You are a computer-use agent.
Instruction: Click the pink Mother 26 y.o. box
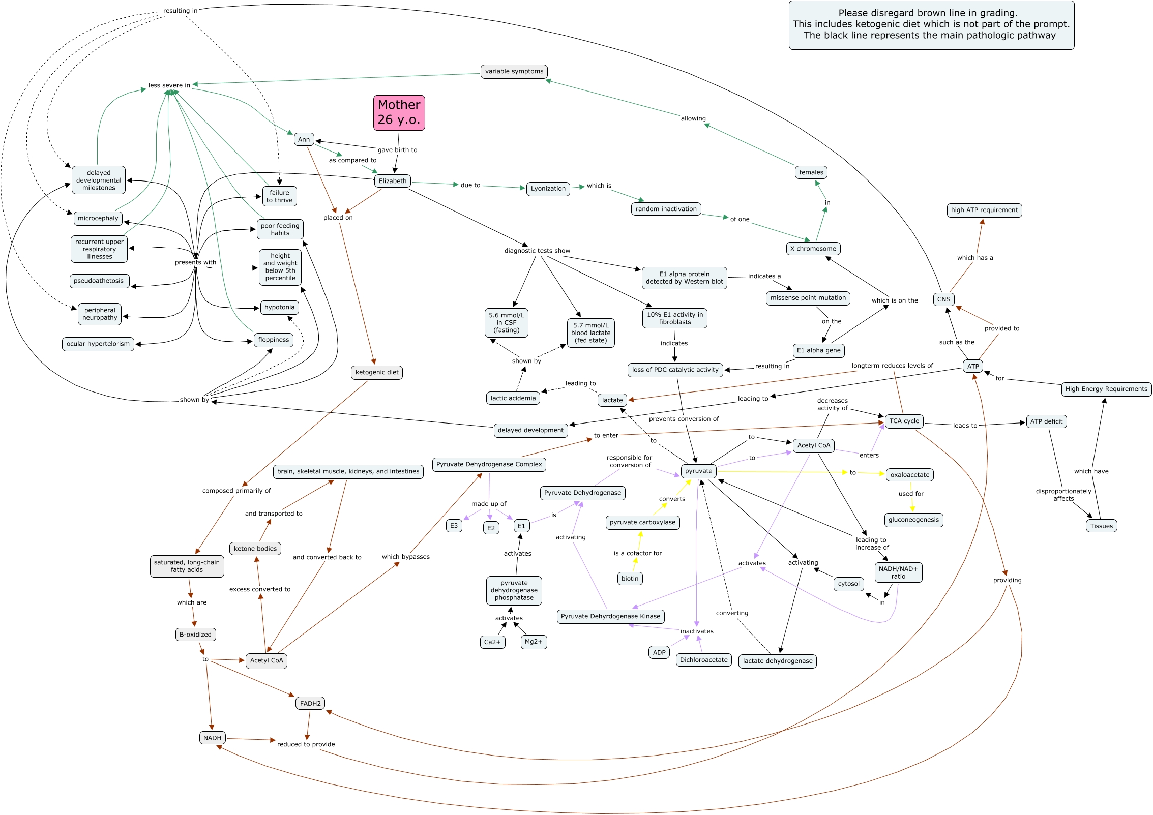(x=399, y=112)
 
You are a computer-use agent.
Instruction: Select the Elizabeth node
(x=393, y=181)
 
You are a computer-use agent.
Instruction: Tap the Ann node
(x=304, y=139)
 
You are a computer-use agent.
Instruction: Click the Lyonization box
(x=548, y=189)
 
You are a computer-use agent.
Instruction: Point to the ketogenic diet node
(x=377, y=372)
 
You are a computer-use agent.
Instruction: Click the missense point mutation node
(x=808, y=298)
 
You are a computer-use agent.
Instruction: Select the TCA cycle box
(x=904, y=421)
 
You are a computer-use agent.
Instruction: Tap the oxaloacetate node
(x=909, y=475)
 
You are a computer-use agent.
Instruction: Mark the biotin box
(x=630, y=579)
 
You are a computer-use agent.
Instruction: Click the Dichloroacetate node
(x=703, y=660)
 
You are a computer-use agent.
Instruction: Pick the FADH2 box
(x=310, y=704)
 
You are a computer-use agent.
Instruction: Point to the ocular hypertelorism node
(x=98, y=344)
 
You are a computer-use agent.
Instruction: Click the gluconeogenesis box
(x=913, y=520)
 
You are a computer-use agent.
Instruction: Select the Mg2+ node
(x=533, y=642)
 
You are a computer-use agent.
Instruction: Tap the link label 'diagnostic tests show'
(x=537, y=251)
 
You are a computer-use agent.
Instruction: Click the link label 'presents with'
(x=195, y=262)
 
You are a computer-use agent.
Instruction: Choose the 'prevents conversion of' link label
(x=684, y=419)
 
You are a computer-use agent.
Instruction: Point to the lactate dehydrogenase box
(x=777, y=661)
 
